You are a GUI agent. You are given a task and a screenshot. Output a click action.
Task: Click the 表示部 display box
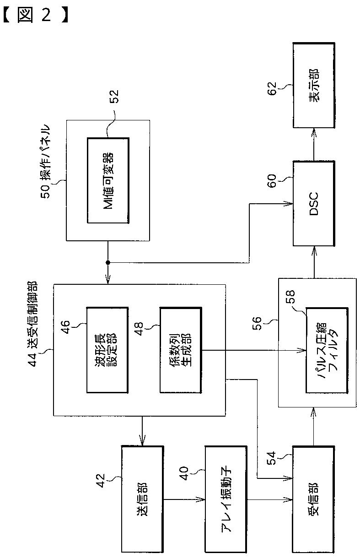314,85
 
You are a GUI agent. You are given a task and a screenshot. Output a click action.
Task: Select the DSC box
314,204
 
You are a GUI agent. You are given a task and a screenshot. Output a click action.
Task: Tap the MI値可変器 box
108,180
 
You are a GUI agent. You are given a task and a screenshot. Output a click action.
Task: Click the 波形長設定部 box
107,350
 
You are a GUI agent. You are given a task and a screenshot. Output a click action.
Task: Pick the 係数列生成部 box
181,350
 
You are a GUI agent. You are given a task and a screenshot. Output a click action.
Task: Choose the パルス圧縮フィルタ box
327,351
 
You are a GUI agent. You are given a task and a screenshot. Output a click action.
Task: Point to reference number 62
272,89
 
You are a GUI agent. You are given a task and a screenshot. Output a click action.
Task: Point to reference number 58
290,297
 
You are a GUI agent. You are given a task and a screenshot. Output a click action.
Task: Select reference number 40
184,473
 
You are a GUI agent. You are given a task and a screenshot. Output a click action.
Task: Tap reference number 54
272,458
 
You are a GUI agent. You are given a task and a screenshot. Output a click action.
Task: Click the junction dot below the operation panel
108,262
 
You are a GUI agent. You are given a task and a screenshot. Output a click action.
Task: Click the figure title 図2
35,15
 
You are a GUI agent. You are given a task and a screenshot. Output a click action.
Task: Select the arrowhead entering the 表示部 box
314,133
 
